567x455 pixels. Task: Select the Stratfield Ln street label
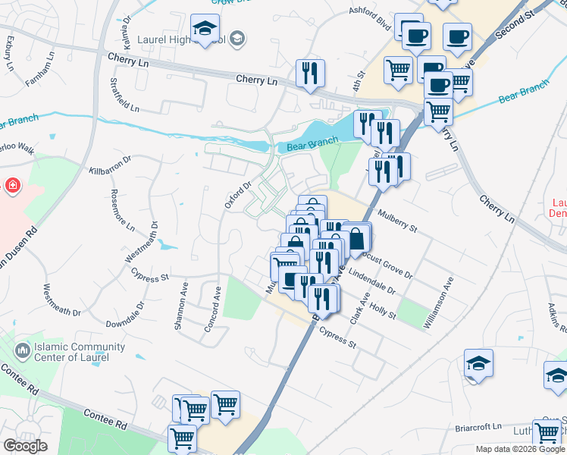click(x=124, y=95)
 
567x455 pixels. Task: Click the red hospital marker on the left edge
click(x=13, y=185)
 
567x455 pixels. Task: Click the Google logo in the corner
click(x=26, y=446)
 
